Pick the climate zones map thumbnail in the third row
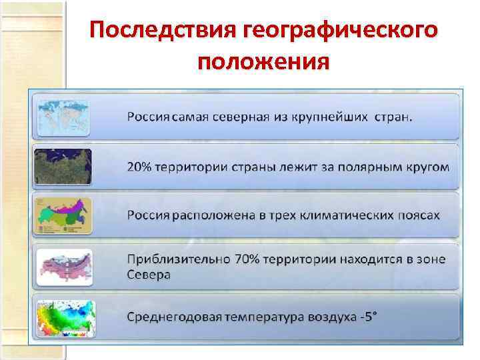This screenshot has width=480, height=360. tap(64, 215)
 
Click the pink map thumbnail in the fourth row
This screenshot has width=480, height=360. tap(64, 265)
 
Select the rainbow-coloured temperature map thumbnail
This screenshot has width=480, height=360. tap(64, 316)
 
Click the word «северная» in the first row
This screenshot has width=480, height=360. tap(239, 117)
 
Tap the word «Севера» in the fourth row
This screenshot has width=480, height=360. tap(149, 274)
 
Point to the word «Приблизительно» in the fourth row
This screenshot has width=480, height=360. tap(175, 258)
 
